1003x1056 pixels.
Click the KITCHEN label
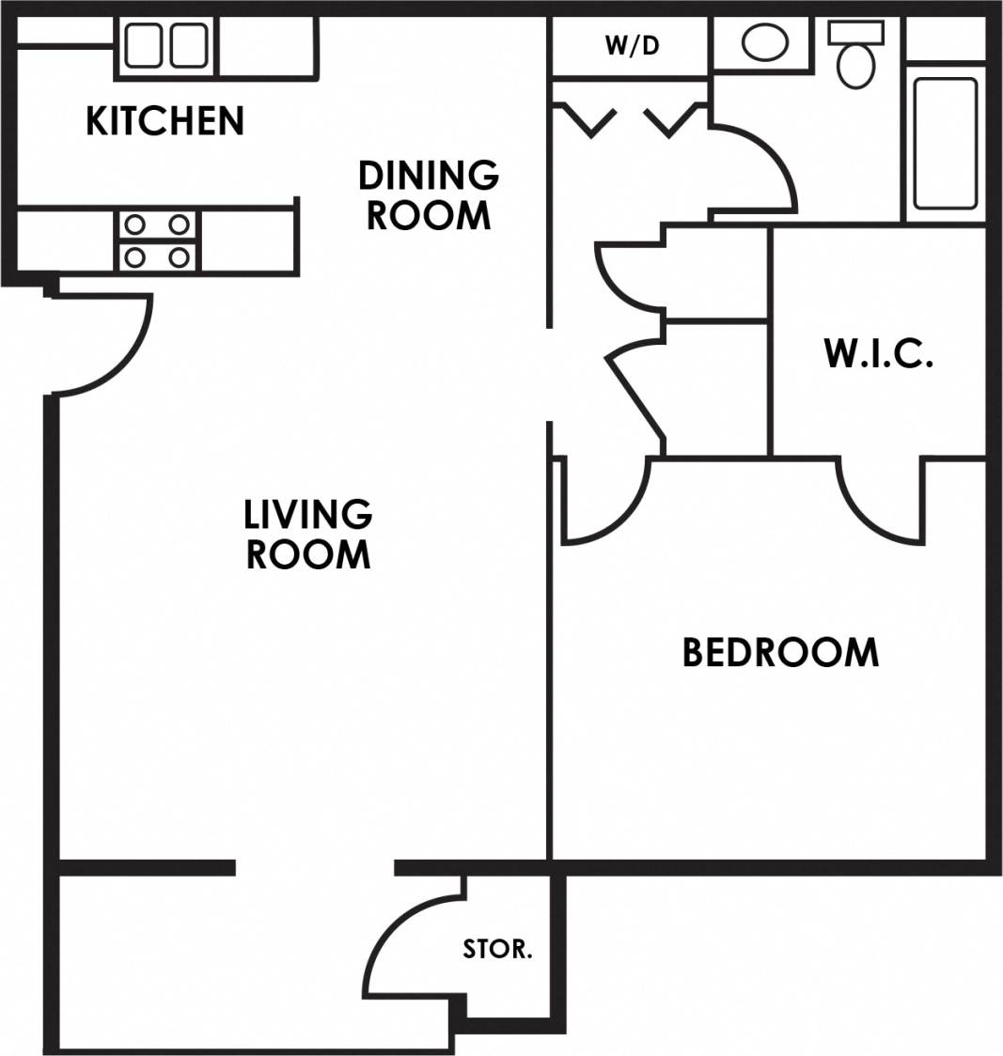pos(165,121)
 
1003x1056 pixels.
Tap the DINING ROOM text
pos(428,195)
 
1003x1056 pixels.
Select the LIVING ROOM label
pos(308,535)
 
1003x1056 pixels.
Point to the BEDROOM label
pos(780,652)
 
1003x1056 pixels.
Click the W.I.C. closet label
pos(878,354)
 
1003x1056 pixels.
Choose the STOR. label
pos(497,950)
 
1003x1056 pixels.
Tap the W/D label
pos(632,46)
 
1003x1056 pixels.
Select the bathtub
pos(945,143)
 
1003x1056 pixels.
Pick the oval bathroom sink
pos(765,43)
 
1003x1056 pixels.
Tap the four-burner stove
pos(158,241)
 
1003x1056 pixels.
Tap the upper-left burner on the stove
pos(135,225)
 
